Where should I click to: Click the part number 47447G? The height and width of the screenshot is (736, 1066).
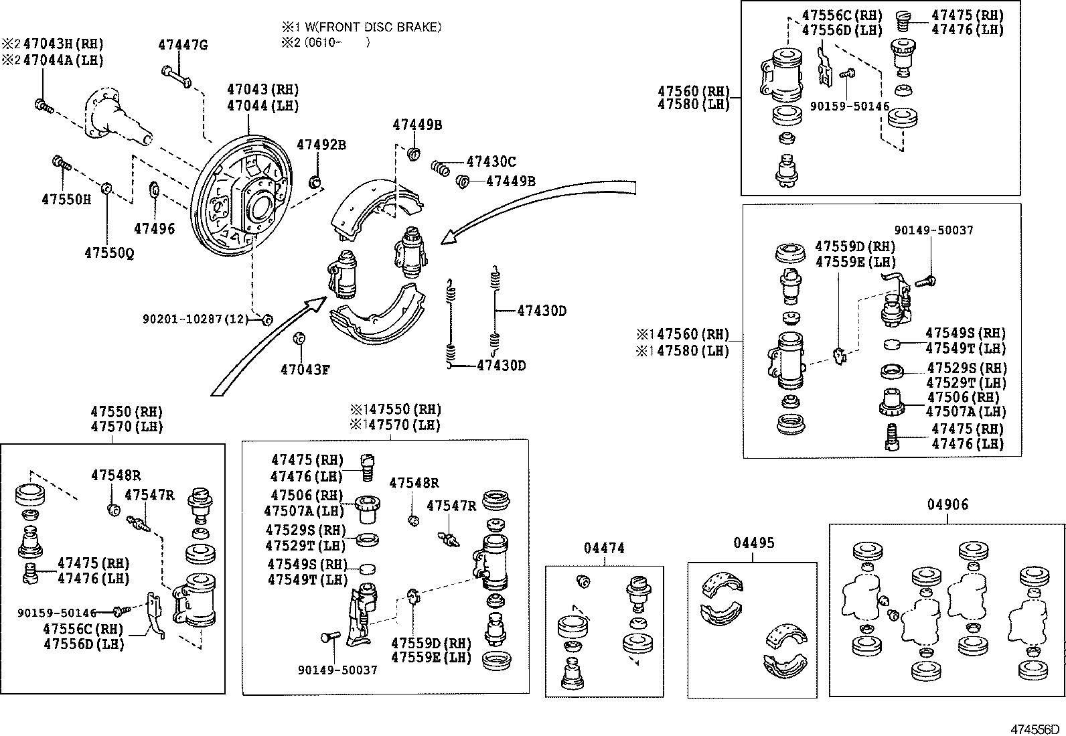183,46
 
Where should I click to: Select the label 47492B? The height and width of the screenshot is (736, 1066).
321,145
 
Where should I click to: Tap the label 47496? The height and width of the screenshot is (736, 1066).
154,229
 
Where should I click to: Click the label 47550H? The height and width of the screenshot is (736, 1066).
66,200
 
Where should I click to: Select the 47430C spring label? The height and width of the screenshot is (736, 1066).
491,162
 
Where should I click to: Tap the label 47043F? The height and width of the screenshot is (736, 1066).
305,368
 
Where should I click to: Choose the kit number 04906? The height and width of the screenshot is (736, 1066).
947,505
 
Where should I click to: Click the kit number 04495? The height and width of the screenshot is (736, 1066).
753,542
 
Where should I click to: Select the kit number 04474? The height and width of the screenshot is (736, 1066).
604,548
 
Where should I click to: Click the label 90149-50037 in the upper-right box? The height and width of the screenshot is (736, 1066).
933,230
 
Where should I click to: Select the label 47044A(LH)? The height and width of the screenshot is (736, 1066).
64,60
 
